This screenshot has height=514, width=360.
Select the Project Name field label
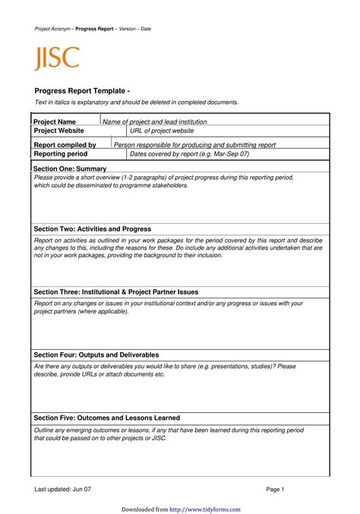click(55, 121)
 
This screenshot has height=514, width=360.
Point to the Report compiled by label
click(65, 144)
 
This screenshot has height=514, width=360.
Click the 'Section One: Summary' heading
click(71, 168)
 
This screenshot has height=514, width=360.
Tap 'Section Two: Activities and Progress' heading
click(93, 229)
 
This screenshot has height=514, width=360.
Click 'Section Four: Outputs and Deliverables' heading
click(96, 355)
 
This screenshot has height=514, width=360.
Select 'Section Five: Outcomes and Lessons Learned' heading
click(107, 418)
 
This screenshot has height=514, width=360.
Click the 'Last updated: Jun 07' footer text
click(62, 490)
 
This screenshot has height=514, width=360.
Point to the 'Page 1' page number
click(274, 490)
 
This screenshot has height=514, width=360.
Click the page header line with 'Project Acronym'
click(93, 28)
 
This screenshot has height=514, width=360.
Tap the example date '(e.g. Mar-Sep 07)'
click(223, 153)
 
